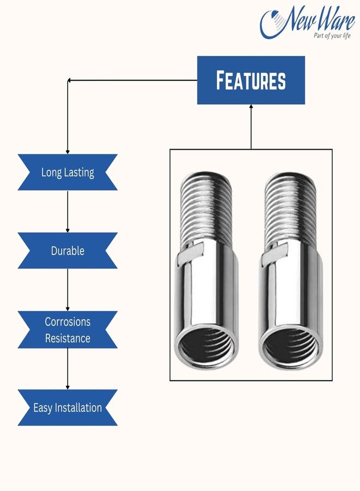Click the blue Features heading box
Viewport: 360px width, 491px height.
point(251,80)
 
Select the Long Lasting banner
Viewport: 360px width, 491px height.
point(67,172)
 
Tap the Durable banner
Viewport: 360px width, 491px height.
point(67,250)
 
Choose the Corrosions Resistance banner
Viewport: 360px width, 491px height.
point(67,330)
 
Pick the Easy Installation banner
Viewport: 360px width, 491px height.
point(67,408)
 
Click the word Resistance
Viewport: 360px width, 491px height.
point(68,338)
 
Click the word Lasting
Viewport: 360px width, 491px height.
point(80,173)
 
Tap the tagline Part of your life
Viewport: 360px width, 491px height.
point(332,35)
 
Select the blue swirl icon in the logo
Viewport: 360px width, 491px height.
point(272,24)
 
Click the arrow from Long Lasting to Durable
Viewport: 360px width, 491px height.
point(68,211)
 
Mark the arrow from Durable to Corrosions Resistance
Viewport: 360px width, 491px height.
point(68,290)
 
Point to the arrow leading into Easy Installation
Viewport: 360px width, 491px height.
point(68,369)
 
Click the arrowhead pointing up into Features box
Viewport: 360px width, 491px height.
point(251,106)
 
